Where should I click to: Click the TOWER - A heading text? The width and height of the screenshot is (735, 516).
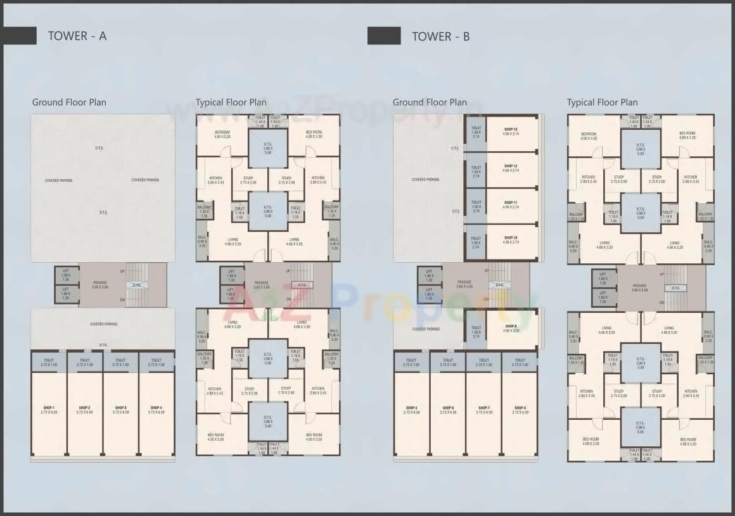(77, 36)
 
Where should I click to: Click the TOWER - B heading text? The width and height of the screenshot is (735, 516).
(441, 36)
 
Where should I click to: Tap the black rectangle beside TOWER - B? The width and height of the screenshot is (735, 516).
(384, 36)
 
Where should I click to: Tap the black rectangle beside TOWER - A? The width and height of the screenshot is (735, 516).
(18, 36)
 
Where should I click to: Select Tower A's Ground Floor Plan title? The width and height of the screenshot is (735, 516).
(69, 103)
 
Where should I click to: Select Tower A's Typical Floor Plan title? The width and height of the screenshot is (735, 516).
(231, 103)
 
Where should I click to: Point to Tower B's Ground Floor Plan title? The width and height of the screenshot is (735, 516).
(430, 103)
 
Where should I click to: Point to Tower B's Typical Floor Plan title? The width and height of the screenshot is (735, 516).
(602, 103)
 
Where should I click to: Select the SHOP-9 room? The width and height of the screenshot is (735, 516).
(511, 329)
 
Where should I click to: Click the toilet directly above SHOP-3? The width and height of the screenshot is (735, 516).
(120, 362)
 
